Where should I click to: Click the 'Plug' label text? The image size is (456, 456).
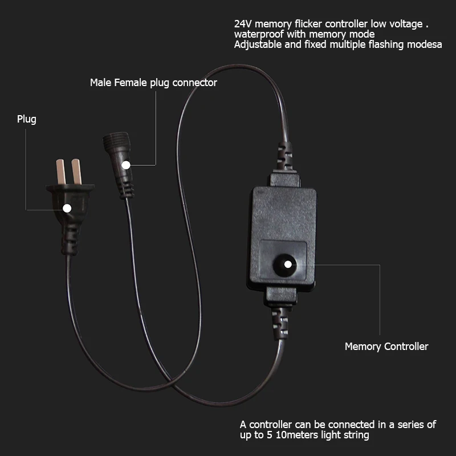click(26, 119)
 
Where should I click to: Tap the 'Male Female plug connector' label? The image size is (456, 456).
click(153, 83)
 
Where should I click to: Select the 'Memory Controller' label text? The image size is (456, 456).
click(386, 346)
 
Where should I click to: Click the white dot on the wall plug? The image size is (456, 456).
click(67, 208)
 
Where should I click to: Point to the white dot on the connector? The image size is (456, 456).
click(125, 165)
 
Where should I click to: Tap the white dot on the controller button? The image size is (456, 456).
click(288, 264)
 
